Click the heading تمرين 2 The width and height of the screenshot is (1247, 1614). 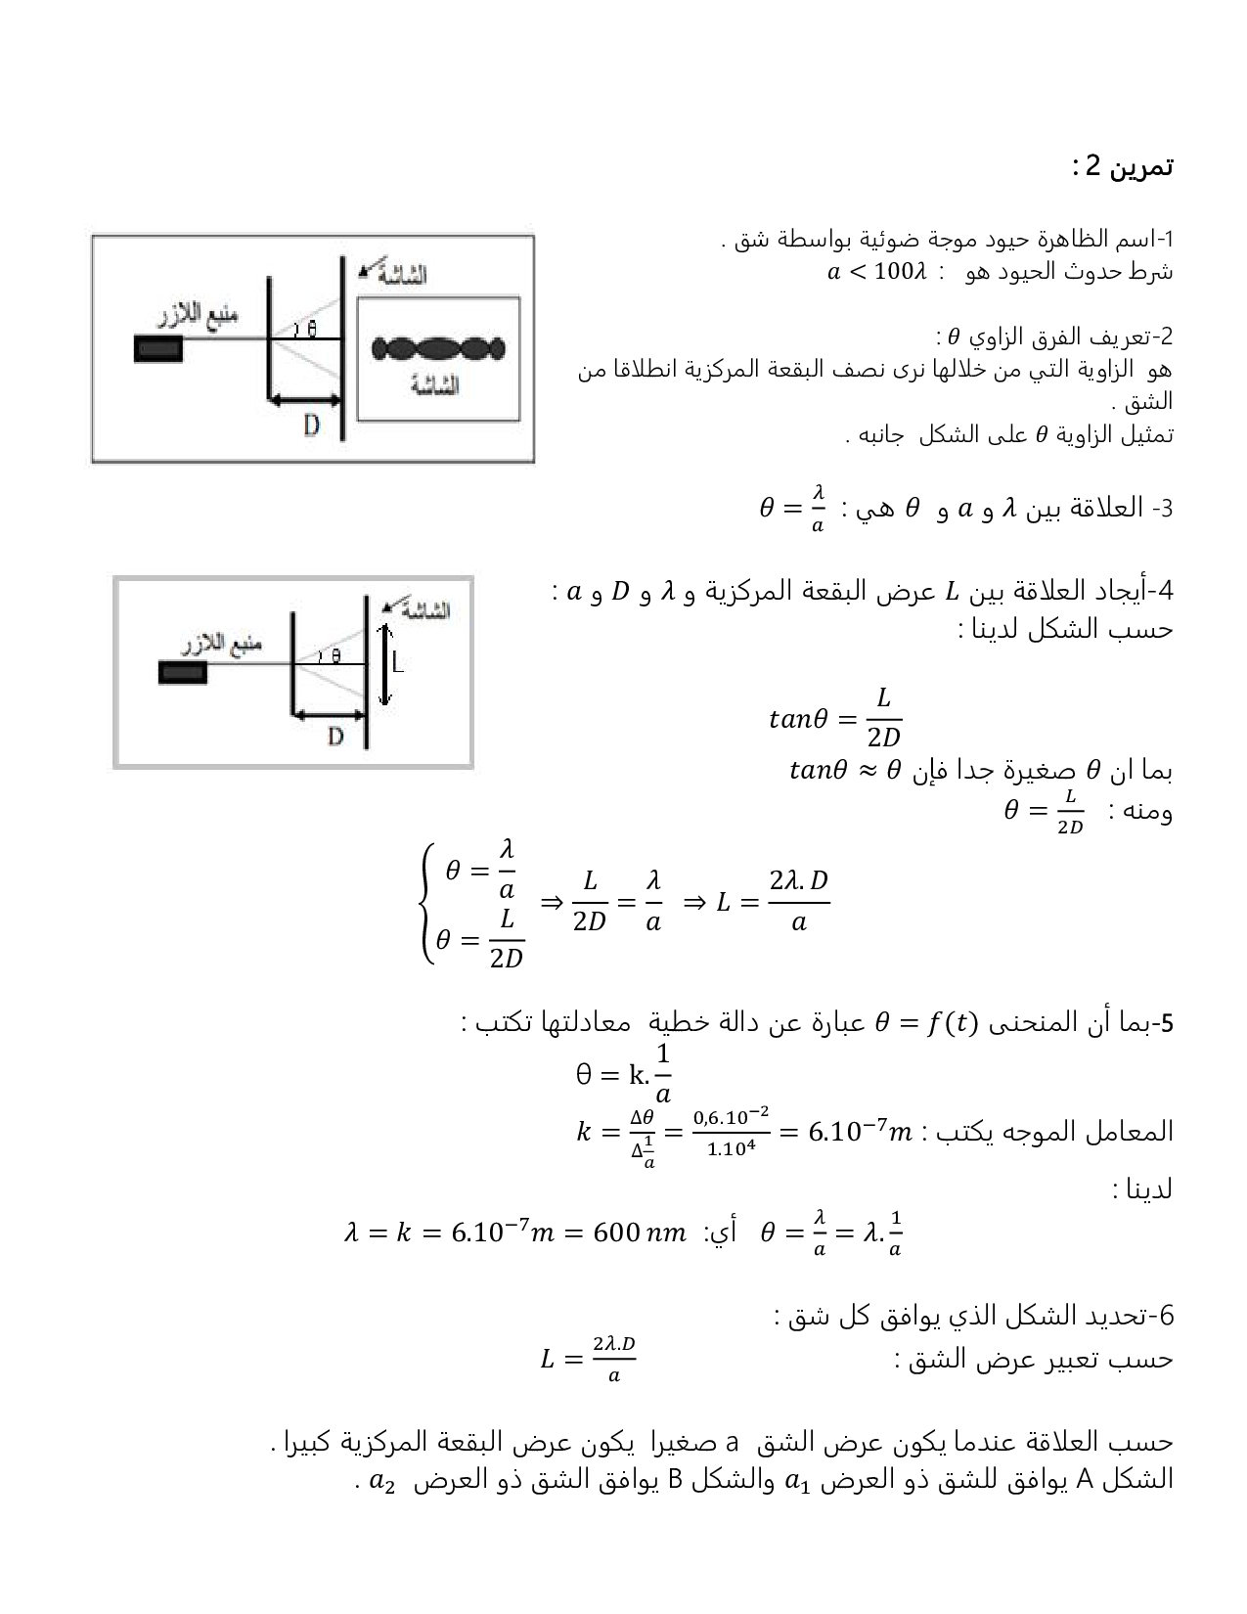[1122, 167]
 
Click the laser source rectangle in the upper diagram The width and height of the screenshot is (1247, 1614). [157, 348]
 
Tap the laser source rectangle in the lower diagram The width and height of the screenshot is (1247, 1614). [183, 672]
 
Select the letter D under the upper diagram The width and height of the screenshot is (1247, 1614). [310, 426]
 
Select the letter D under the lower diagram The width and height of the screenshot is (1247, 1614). [335, 736]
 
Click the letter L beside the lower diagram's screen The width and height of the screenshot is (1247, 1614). [399, 662]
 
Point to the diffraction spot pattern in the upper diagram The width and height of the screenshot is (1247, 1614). [439, 348]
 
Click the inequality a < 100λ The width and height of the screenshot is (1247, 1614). [874, 272]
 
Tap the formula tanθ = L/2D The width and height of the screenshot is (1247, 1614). [835, 721]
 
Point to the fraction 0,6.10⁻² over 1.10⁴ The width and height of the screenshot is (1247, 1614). [731, 1132]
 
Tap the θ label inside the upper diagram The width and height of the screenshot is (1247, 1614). [311, 329]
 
